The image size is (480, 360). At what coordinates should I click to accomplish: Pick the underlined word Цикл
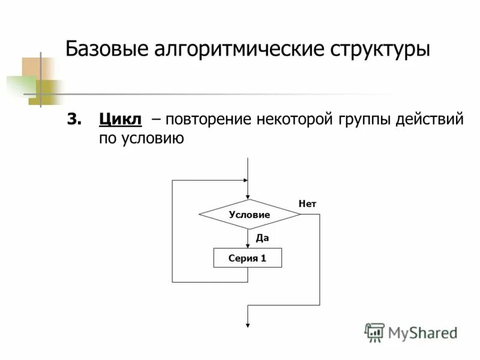[120, 119]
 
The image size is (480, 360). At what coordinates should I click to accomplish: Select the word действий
[430, 119]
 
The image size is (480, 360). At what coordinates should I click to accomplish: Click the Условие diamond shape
[249, 214]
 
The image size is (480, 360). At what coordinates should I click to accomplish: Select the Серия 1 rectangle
[247, 258]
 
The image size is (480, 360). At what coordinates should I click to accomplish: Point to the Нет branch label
[307, 205]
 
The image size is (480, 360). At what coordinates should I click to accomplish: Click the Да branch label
[262, 238]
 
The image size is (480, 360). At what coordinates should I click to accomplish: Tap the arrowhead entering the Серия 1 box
[247, 245]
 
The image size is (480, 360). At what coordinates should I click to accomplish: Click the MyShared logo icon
[375, 332]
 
